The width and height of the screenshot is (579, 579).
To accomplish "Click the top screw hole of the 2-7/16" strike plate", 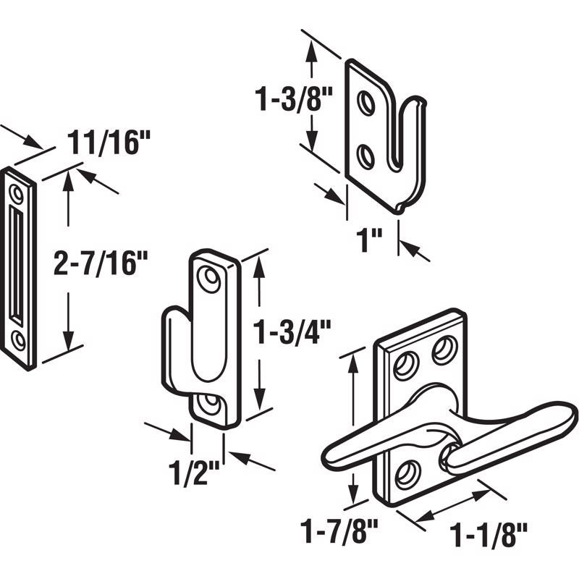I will click(x=17, y=192).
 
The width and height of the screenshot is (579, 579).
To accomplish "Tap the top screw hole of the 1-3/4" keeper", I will click(x=211, y=279).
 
